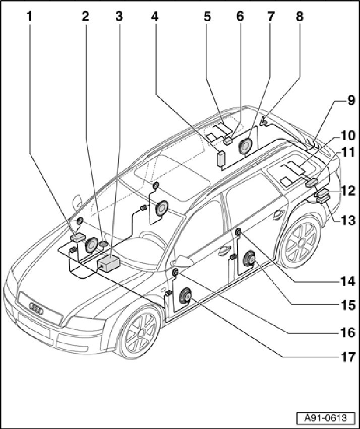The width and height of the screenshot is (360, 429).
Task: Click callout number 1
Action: pyautogui.click(x=30, y=16)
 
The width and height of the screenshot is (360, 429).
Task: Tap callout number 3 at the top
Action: pyautogui.click(x=118, y=16)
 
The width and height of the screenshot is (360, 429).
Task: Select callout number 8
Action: pyautogui.click(x=299, y=16)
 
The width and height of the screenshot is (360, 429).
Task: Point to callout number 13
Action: pyautogui.click(x=347, y=220)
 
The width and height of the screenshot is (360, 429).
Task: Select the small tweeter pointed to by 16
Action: pyautogui.click(x=175, y=273)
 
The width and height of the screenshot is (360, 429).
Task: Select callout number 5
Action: pyautogui.click(x=208, y=16)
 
